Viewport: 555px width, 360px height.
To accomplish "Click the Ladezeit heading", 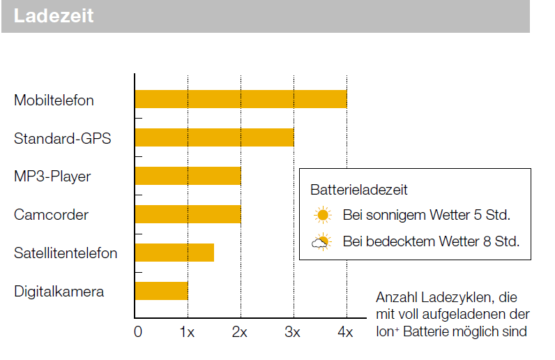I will tap(54, 16).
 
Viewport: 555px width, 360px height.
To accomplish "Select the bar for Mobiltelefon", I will tap(241, 99).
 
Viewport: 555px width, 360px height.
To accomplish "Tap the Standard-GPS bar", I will tap(214, 137).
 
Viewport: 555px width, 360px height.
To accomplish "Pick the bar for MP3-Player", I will tap(188, 176).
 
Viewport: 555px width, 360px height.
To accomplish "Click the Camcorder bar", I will tap(188, 214).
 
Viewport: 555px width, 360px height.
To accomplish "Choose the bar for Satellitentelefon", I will tap(174, 253).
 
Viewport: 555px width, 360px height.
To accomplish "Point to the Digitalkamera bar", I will tap(161, 291).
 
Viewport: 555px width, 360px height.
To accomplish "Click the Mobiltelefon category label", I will tap(54, 100).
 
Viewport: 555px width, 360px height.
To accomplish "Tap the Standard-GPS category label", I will tap(63, 139).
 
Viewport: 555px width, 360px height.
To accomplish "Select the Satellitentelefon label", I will tap(66, 253).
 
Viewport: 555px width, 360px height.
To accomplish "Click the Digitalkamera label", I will tap(59, 292).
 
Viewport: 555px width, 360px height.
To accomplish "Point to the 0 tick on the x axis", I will tap(137, 332).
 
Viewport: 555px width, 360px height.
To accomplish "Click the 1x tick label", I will tap(187, 332).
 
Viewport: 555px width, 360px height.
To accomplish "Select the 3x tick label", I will tap(293, 332).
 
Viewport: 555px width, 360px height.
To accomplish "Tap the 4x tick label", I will tap(345, 332).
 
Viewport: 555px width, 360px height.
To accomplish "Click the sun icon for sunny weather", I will tap(321, 215).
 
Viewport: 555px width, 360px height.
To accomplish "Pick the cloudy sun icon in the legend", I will tap(321, 242).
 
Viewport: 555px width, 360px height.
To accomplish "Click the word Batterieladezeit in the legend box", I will tap(359, 189).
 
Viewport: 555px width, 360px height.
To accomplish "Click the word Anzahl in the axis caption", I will tap(394, 297).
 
